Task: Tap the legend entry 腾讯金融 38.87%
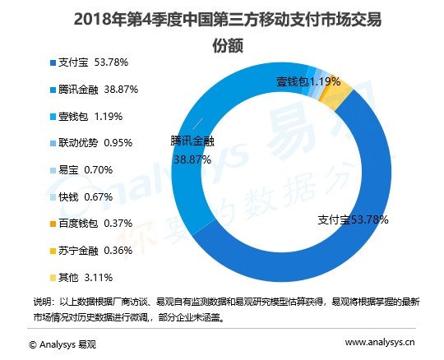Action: pos(91,88)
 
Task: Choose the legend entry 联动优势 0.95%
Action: pos(91,142)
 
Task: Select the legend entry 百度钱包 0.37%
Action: pos(91,224)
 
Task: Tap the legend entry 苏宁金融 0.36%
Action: pos(91,251)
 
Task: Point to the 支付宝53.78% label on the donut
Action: pos(353,220)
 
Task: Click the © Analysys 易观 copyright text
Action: pos(62,344)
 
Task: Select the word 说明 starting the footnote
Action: pos(42,301)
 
